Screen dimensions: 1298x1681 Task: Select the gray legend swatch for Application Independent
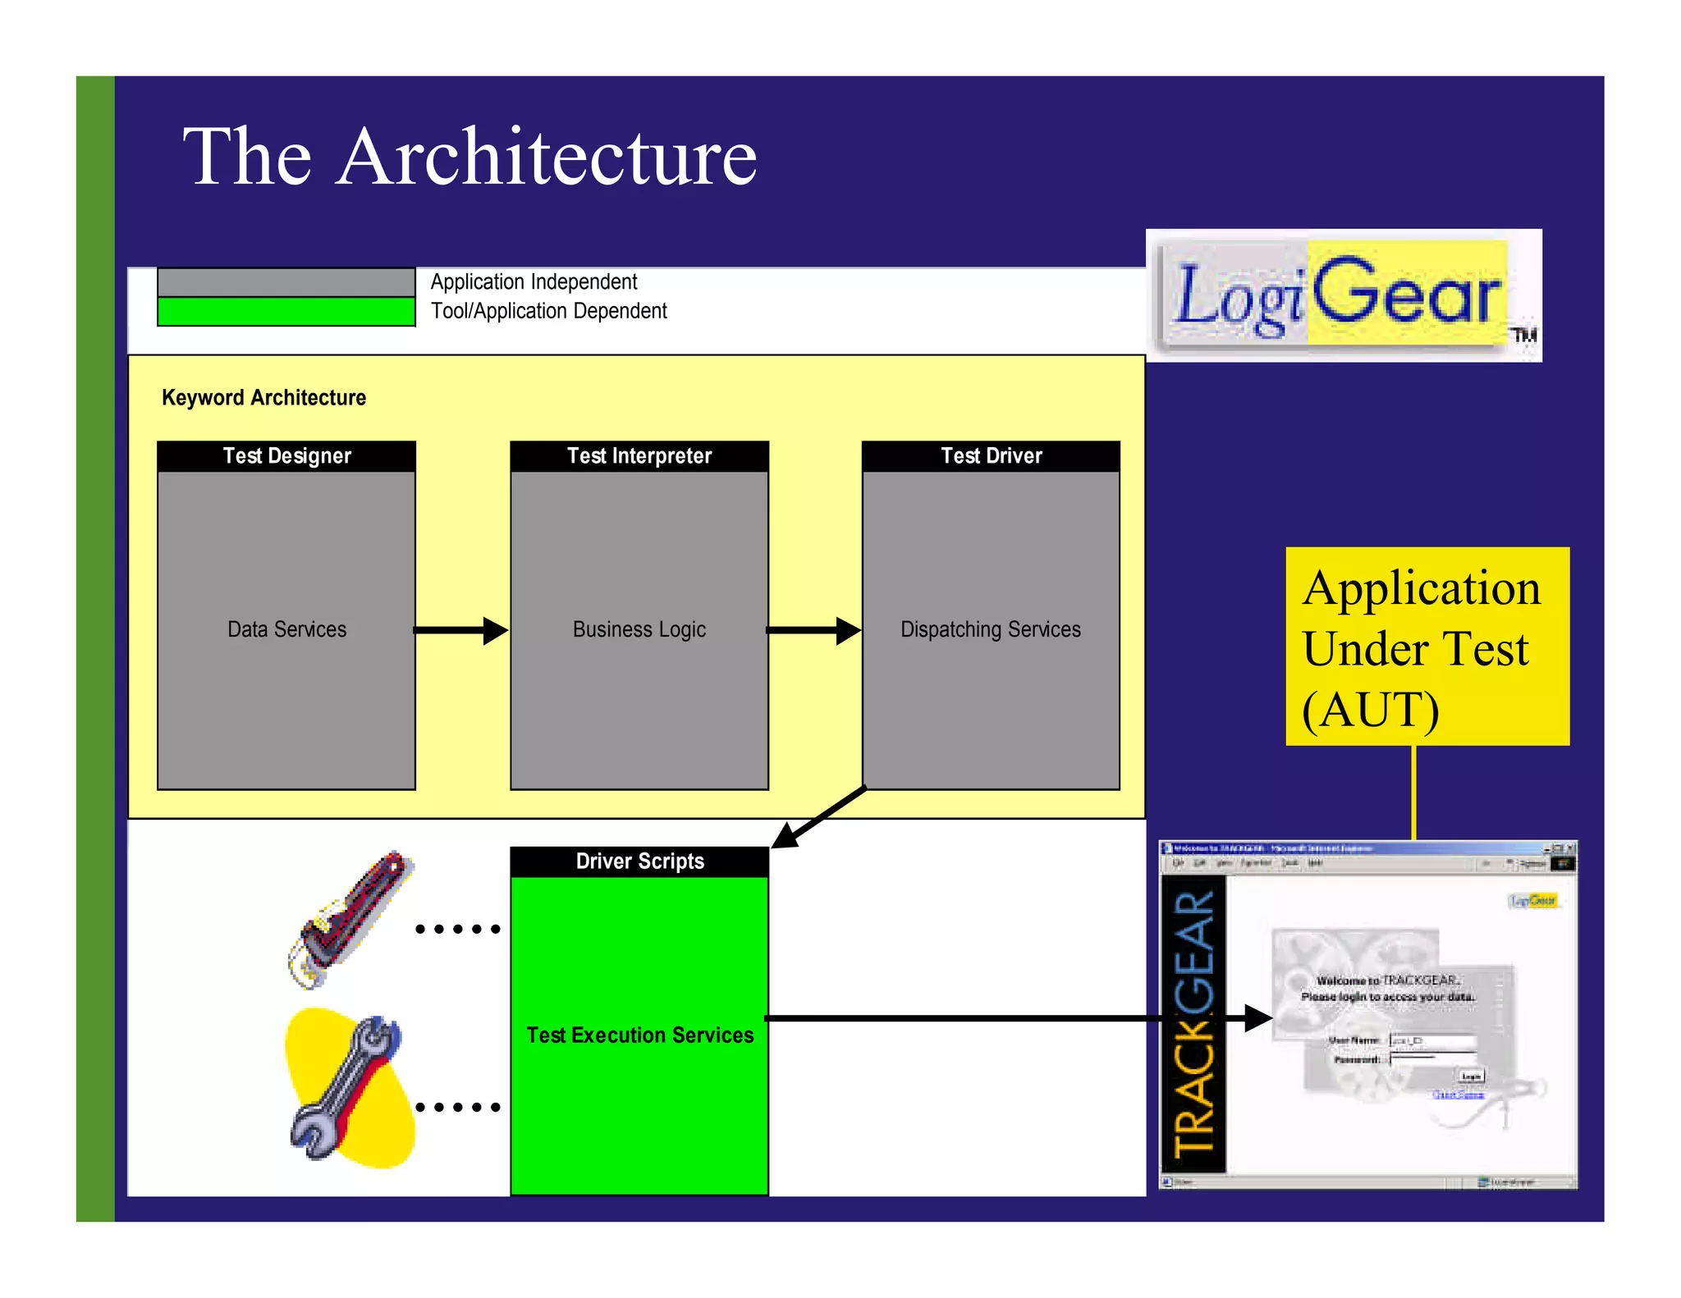point(286,282)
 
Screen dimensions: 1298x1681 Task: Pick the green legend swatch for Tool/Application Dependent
point(286,312)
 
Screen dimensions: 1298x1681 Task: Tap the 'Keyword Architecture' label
point(263,398)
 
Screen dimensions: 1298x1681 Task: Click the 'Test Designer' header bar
point(286,456)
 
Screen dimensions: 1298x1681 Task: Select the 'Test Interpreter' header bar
point(639,456)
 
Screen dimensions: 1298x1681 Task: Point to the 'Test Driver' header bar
point(991,456)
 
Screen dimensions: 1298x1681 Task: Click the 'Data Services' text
point(286,629)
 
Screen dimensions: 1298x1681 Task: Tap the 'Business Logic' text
point(639,629)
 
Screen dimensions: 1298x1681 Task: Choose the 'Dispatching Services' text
point(991,629)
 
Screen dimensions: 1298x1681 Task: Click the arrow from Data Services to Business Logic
point(461,630)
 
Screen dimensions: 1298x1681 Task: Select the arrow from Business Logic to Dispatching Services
point(813,630)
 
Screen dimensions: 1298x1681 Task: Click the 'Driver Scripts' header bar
point(639,862)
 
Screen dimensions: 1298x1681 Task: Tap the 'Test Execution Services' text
point(639,1035)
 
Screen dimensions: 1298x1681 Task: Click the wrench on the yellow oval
point(349,1087)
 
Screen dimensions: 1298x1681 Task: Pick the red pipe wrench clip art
point(351,919)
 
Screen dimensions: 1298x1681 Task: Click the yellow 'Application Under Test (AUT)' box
point(1427,647)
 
